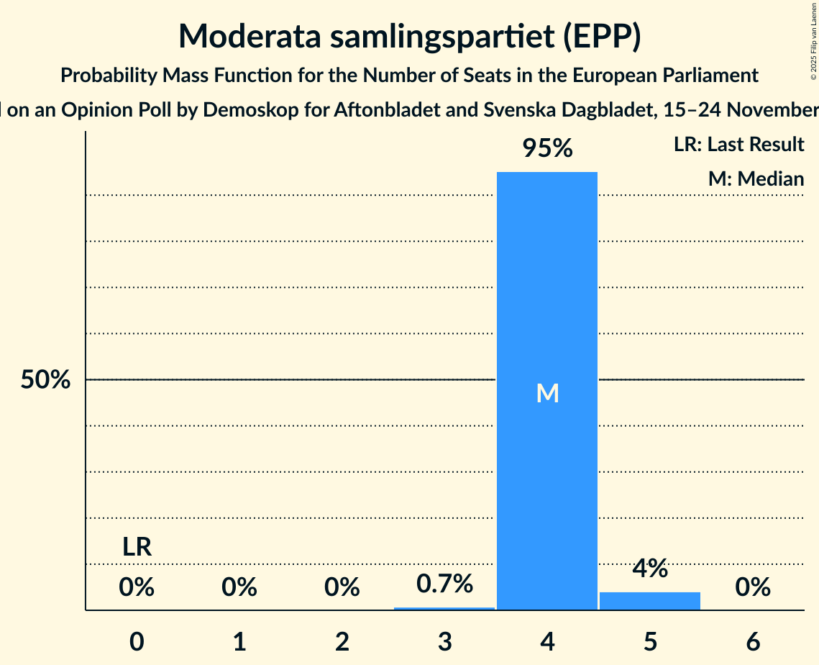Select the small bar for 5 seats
(x=650, y=602)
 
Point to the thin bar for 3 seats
(x=444, y=609)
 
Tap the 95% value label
(x=547, y=148)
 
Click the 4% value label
(x=650, y=569)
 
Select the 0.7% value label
(x=444, y=584)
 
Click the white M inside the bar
(x=547, y=393)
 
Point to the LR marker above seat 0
(x=137, y=548)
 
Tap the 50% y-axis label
(x=45, y=380)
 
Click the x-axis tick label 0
(x=137, y=642)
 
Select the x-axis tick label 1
(x=239, y=642)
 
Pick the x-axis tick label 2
(x=342, y=642)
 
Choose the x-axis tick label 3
(x=444, y=642)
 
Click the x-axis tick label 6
(x=753, y=642)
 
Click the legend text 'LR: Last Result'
(x=738, y=145)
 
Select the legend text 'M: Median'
(x=756, y=178)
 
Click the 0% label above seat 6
(x=753, y=588)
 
